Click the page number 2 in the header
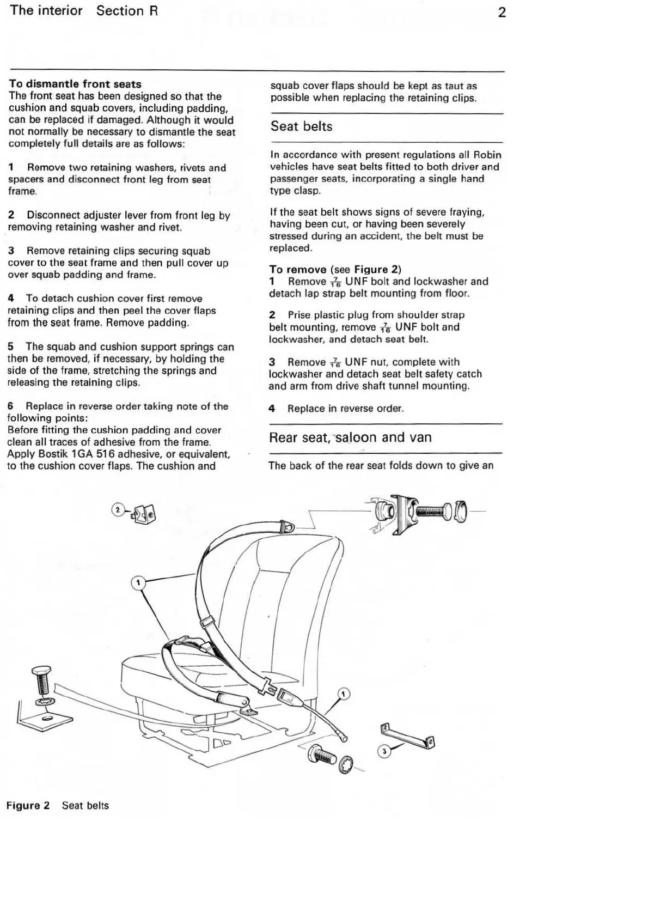(x=502, y=12)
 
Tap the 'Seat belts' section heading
(x=301, y=126)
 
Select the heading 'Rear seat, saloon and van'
(x=350, y=437)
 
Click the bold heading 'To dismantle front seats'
(x=75, y=84)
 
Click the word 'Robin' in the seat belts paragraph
(x=487, y=155)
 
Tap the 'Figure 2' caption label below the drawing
(x=28, y=805)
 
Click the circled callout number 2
(x=117, y=509)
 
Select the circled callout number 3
(x=384, y=752)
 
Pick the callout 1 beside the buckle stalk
(x=344, y=694)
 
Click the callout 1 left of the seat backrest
(x=138, y=583)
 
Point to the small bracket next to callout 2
(x=144, y=513)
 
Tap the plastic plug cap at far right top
(x=461, y=512)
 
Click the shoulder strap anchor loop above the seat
(x=287, y=527)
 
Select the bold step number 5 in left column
(x=11, y=346)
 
